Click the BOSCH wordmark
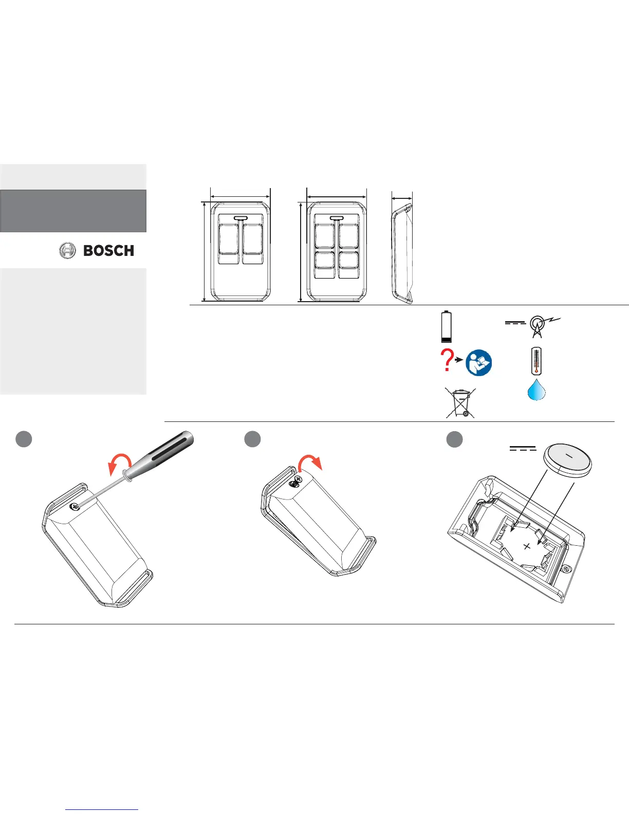pos(108,251)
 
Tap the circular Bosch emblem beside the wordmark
pos(68,251)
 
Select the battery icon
pos(447,326)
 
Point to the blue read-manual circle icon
pos(478,363)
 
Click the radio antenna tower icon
pos(537,326)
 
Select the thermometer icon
pos(536,361)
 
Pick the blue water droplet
pos(536,390)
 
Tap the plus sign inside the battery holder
pos(526,546)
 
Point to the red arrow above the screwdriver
pos(119,463)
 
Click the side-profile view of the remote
pos(402,252)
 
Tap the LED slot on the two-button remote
pos(240,218)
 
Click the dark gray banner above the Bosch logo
pos(73,211)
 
